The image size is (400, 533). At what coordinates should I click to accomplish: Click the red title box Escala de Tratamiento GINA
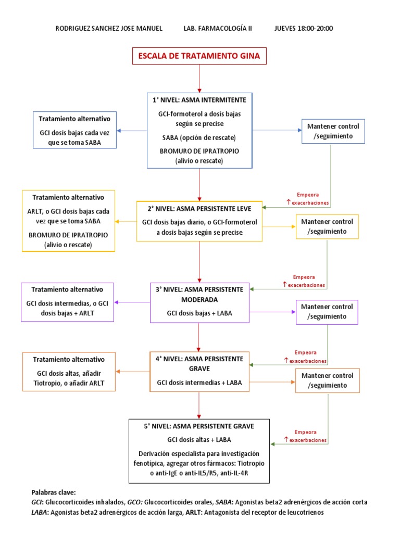200,56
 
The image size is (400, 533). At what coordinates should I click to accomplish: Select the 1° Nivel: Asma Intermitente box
199,130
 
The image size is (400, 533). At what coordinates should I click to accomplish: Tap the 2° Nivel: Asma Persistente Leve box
199,221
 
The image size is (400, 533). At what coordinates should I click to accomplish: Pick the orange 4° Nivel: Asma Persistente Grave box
199,372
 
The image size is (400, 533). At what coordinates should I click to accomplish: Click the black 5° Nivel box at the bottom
199,451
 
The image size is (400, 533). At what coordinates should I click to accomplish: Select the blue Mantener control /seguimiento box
333,131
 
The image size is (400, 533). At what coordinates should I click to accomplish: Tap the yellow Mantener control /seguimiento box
327,226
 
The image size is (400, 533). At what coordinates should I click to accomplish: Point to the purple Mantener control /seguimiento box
327,311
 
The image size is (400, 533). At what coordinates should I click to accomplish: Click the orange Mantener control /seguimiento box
327,380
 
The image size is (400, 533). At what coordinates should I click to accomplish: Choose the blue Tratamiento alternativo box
75,130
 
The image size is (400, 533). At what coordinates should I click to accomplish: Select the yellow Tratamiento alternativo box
68,221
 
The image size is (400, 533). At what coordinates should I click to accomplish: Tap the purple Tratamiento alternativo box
67,302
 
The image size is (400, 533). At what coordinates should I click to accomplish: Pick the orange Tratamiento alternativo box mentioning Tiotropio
68,372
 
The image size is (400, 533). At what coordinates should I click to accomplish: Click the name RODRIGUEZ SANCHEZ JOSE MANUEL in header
109,28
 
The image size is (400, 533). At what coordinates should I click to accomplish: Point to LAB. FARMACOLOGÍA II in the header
218,28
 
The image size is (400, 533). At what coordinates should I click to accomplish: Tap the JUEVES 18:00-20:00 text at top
304,28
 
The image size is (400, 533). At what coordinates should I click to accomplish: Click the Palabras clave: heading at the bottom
54,492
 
